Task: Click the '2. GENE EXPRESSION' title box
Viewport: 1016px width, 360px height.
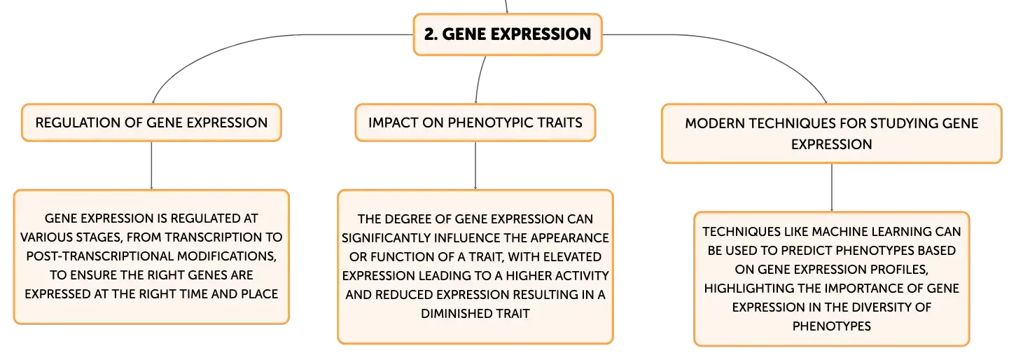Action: pos(508,34)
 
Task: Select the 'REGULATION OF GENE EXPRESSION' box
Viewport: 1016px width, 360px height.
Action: pos(151,123)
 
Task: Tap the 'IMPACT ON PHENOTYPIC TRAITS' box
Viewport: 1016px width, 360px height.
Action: pos(475,123)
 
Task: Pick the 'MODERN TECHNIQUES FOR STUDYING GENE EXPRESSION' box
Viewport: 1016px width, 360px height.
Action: pos(831,134)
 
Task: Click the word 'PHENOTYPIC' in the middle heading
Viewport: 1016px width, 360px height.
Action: pos(490,123)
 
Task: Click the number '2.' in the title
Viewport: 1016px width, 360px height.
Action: pos(431,34)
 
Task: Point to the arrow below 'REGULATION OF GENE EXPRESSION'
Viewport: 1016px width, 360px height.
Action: pos(151,166)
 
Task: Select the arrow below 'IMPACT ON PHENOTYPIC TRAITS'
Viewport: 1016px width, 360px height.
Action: pos(475,166)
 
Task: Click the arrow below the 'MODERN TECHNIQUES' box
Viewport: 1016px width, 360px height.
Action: pos(831,188)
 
